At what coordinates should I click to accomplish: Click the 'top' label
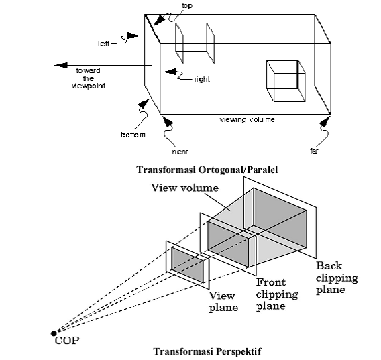187,5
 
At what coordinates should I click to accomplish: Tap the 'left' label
104,44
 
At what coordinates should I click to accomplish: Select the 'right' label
202,79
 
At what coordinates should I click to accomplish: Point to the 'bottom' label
133,135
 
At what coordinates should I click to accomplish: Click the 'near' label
180,152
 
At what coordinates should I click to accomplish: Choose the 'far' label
314,151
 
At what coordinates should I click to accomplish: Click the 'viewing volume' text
247,120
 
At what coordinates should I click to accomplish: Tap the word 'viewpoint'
89,86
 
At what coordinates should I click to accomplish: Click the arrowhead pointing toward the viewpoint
60,65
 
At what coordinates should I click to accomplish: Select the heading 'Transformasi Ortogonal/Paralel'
207,170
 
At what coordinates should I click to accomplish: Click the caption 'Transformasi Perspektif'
207,351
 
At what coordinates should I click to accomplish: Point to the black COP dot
54,333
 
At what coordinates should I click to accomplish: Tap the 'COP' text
67,341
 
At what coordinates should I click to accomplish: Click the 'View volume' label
184,188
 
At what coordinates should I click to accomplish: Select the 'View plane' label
223,302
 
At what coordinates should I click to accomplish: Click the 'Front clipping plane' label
277,294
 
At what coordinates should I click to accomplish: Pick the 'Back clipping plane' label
337,278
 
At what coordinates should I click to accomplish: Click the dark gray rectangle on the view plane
187,265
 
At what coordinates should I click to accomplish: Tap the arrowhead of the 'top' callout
159,20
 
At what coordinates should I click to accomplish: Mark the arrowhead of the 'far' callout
325,121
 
